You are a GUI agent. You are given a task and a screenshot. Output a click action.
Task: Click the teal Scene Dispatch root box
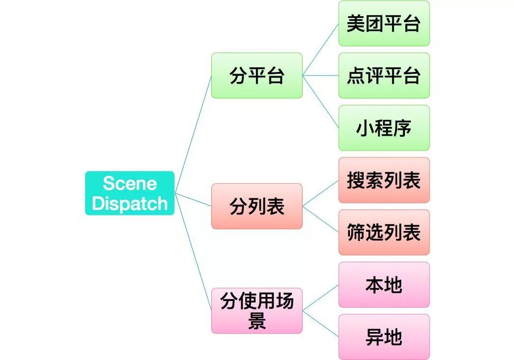coord(130,193)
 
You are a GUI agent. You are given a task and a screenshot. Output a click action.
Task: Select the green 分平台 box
coord(257,75)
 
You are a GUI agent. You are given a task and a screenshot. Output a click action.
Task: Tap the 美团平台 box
coord(384,23)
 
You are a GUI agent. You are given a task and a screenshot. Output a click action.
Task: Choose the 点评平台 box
coord(384,75)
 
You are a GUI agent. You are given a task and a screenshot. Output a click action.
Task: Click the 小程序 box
coord(384,127)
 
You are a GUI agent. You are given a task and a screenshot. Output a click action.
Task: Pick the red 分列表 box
coord(257,206)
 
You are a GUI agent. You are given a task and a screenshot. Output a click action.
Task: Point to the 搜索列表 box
coord(384,180)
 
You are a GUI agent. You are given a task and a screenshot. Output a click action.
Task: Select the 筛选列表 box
coord(384,232)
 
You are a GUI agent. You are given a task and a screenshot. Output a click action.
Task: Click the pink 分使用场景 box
coord(257,311)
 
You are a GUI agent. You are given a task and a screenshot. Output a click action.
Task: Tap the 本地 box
coord(384,285)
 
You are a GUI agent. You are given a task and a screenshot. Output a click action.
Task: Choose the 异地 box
coord(384,337)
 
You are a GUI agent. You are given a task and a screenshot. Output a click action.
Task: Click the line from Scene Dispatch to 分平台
coord(193,134)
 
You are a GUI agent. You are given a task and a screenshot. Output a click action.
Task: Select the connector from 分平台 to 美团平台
coord(320,49)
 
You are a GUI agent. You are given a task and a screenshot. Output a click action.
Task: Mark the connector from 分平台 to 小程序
coord(320,101)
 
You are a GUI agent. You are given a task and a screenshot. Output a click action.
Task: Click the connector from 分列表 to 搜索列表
coord(320,193)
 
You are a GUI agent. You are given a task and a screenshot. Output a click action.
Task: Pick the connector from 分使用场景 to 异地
coord(320,324)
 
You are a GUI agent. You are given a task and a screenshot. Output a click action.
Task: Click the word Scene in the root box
coord(130,183)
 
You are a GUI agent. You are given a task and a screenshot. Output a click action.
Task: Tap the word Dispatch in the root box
coord(130,203)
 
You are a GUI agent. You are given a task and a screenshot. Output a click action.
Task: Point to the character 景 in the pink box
coord(257,321)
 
